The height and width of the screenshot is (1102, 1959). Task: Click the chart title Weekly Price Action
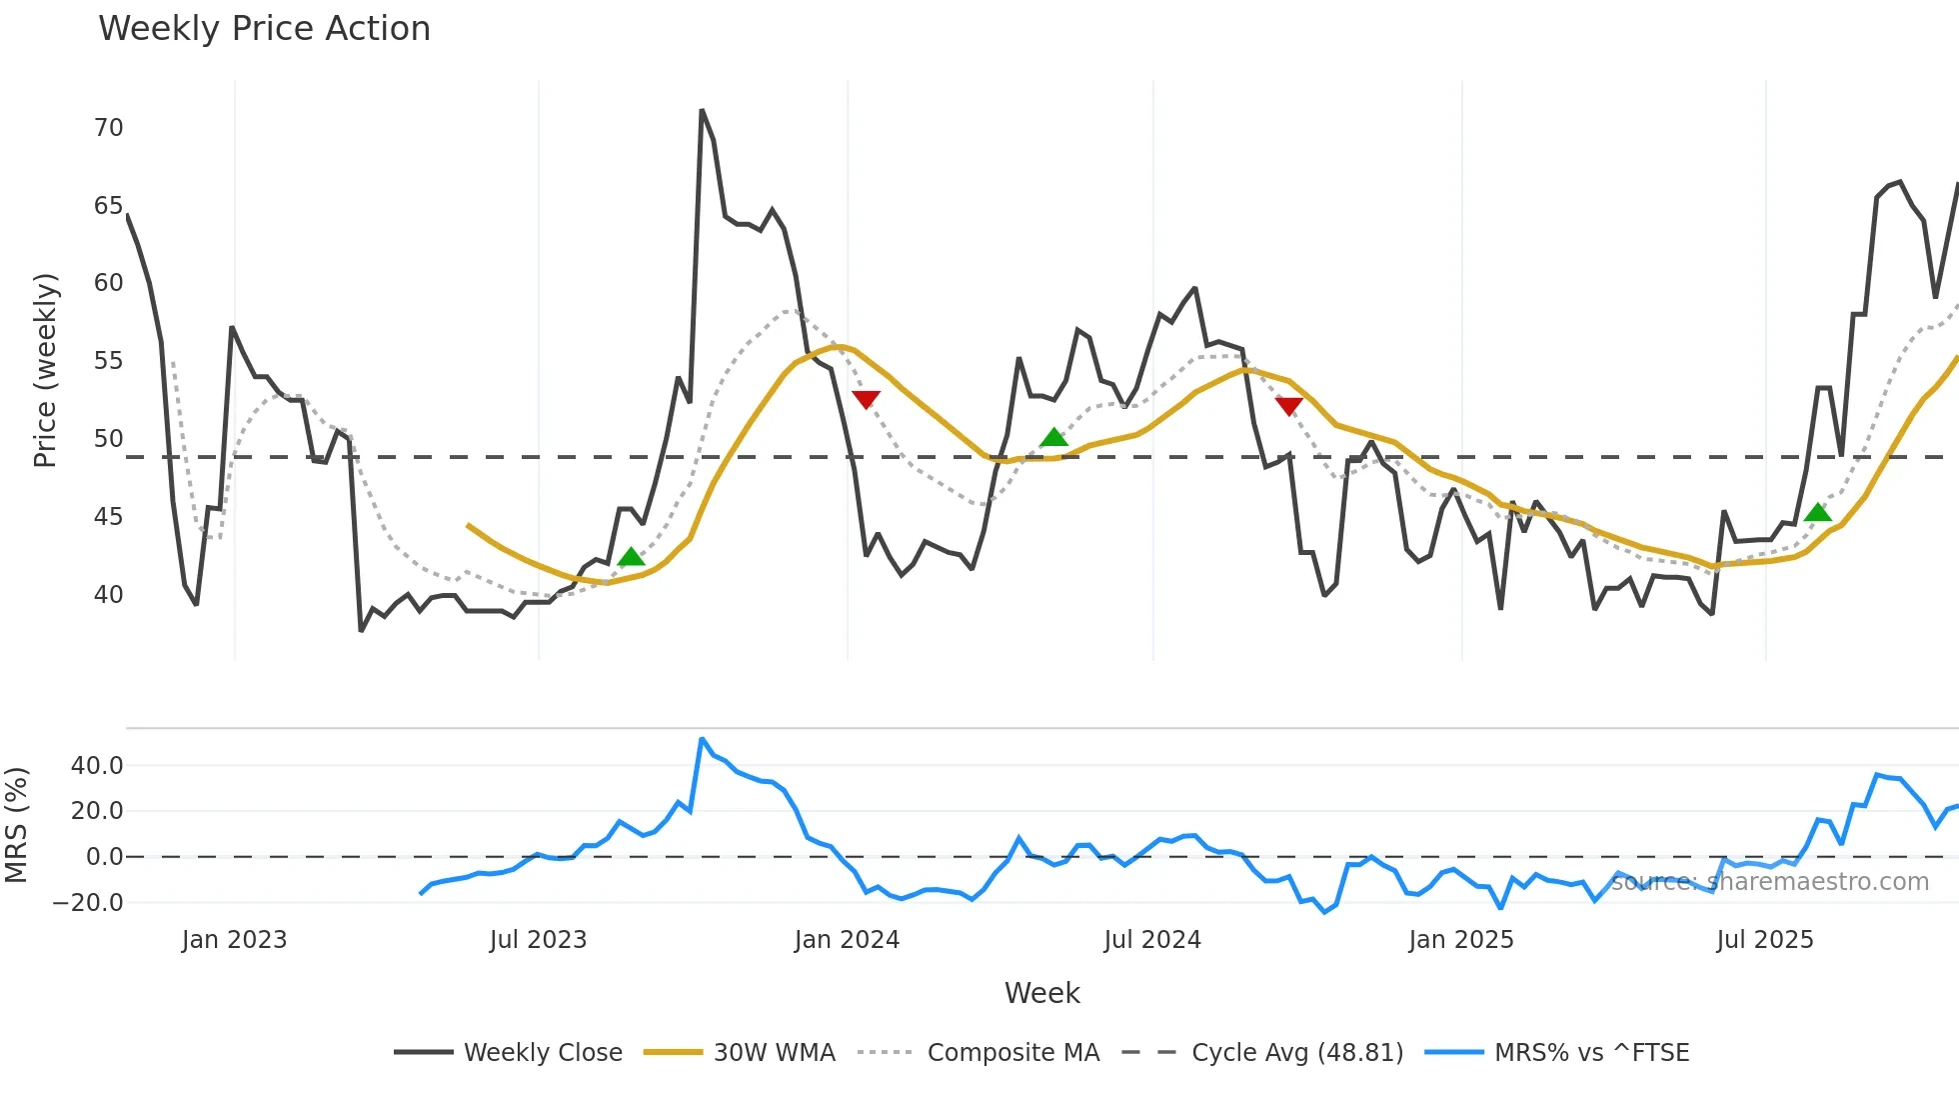264,29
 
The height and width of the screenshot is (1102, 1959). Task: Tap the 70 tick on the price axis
108,128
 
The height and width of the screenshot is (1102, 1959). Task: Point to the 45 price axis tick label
108,517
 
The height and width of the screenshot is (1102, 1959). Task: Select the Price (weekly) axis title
45,370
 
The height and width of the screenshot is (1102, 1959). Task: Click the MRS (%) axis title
16,825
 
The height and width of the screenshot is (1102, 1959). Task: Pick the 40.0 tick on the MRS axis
97,766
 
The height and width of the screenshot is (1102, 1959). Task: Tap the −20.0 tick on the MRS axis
88,903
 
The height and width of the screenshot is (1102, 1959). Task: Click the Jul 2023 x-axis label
538,940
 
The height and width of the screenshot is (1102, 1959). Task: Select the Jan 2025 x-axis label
1460,940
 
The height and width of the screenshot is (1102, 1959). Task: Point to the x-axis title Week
1041,993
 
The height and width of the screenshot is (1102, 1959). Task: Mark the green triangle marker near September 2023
631,557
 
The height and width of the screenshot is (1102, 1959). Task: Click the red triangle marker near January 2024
866,399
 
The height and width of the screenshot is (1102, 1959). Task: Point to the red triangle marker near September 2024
1289,405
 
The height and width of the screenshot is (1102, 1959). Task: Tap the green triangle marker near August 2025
1818,513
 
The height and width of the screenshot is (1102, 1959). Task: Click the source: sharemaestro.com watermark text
1769,882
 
